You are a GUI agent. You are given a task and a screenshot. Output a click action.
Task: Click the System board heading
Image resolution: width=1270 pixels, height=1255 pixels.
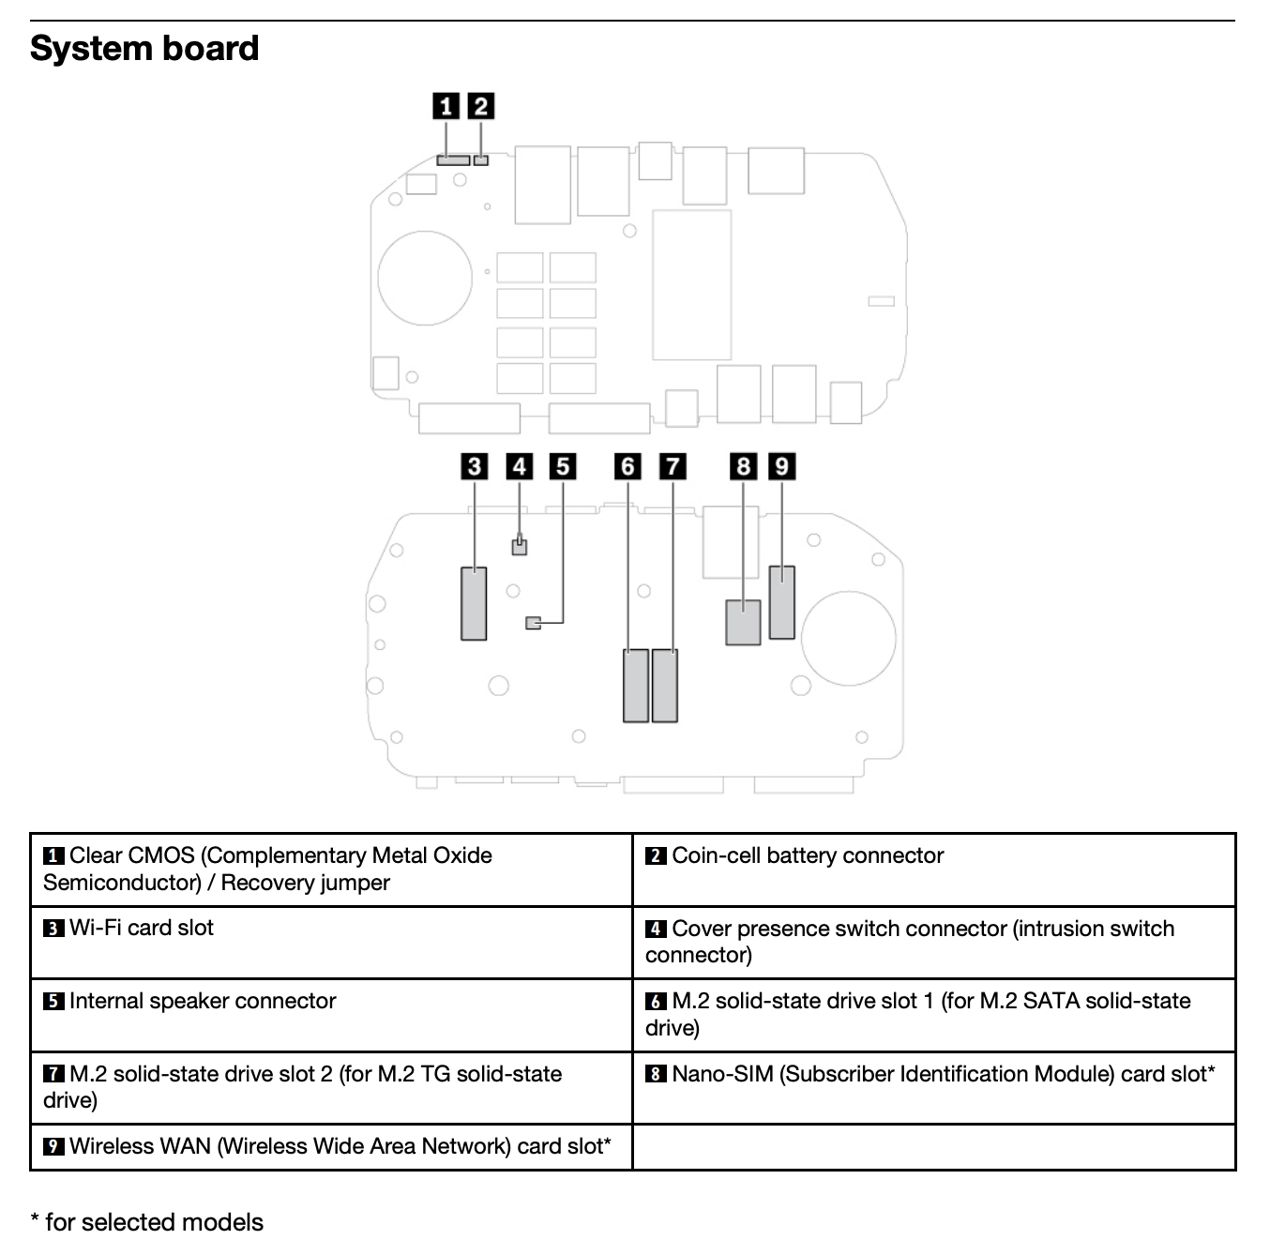point(144,49)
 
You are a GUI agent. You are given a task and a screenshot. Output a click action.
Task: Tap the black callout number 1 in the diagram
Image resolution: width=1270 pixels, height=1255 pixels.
point(446,106)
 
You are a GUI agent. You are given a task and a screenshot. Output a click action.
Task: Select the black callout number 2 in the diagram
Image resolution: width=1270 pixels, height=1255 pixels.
point(481,106)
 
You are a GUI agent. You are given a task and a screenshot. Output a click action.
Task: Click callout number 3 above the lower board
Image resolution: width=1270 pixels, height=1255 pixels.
point(475,466)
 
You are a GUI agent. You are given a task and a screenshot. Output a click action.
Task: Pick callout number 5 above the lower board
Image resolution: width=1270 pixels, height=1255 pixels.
point(563,466)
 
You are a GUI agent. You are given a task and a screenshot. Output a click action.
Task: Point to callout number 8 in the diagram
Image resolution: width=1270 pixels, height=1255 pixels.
point(744,466)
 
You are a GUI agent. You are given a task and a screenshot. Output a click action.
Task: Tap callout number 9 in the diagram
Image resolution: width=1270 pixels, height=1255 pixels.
point(781,466)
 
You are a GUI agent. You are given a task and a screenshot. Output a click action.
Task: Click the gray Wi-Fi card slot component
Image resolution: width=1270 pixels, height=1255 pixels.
point(474,604)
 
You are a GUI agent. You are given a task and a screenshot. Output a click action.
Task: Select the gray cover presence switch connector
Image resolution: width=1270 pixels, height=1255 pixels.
point(520,546)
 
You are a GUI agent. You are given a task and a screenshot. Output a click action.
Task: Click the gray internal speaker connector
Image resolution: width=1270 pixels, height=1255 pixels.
point(534,623)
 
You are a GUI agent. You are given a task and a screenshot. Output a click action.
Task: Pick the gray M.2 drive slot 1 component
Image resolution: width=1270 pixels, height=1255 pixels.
point(636,686)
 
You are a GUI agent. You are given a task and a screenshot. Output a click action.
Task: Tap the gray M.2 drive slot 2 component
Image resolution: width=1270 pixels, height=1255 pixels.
point(665,686)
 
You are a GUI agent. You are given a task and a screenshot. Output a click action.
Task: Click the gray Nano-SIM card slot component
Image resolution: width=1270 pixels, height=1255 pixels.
point(743,623)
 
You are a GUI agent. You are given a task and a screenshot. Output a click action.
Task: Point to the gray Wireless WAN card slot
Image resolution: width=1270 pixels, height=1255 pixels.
point(781,602)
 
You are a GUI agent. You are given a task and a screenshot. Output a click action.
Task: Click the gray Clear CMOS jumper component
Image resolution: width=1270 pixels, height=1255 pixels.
point(453,160)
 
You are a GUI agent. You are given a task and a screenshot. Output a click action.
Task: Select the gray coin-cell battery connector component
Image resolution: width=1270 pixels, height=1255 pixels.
point(481,160)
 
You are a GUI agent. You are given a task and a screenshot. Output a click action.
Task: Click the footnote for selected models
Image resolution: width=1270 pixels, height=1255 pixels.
point(147,1222)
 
